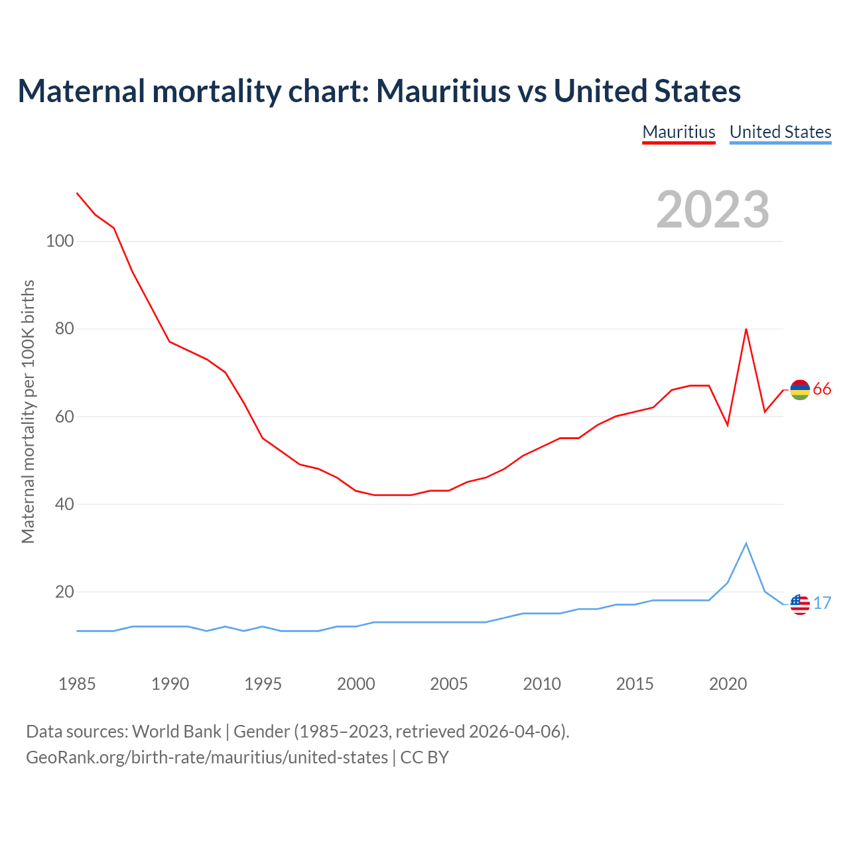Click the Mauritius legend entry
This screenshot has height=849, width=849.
(x=679, y=132)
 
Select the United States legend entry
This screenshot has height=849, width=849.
(x=780, y=132)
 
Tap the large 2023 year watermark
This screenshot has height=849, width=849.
(x=713, y=210)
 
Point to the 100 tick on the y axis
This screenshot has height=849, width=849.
(x=59, y=241)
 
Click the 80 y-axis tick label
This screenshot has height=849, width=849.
(x=64, y=328)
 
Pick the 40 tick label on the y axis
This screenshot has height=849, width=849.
(x=64, y=504)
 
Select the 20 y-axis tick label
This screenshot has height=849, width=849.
(x=64, y=592)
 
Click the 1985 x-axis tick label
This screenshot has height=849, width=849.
(x=77, y=684)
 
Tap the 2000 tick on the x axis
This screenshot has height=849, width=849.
(x=356, y=684)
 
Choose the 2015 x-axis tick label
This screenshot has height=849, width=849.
(x=635, y=684)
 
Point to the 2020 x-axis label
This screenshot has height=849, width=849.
(x=728, y=684)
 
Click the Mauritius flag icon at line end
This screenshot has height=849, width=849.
(x=800, y=390)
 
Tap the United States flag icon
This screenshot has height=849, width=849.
(x=800, y=604)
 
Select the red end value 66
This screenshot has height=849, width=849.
(x=822, y=389)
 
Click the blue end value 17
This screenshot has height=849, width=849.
(x=822, y=604)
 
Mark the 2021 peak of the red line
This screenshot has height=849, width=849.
(x=746, y=329)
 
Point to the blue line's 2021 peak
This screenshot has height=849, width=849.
(x=746, y=544)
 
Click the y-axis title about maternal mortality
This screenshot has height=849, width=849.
(x=28, y=411)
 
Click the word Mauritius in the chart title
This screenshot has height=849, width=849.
(x=444, y=91)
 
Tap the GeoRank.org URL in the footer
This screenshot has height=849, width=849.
(x=207, y=757)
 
